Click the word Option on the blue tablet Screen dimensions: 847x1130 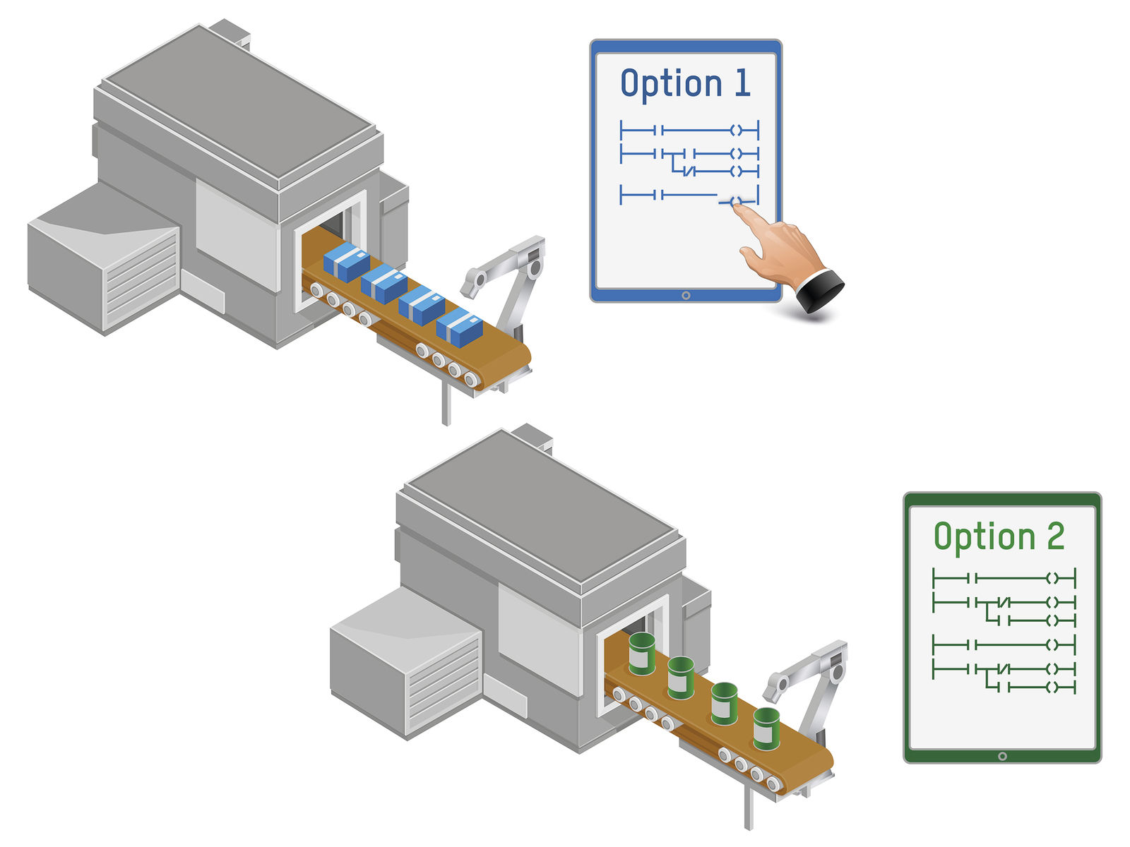[x=671, y=84]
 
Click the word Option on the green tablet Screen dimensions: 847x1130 [x=984, y=536]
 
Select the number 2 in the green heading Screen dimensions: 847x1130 [x=1055, y=536]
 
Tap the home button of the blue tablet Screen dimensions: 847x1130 [x=686, y=295]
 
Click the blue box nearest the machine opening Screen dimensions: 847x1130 [x=346, y=261]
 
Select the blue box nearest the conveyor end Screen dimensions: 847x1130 [x=459, y=329]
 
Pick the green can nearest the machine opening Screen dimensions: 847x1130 [x=642, y=653]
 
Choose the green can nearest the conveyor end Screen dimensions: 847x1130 [x=766, y=727]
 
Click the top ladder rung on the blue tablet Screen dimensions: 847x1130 [x=689, y=131]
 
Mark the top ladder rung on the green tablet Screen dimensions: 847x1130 [x=1003, y=578]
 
